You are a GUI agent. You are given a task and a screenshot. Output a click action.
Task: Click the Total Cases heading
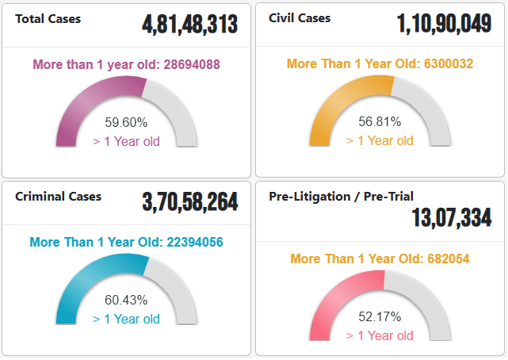tap(48, 18)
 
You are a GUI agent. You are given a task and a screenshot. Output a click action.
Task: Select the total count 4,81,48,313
tap(190, 25)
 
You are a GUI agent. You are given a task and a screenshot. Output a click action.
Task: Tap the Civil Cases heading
tap(300, 18)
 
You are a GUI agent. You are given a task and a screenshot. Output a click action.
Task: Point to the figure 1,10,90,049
tap(444, 25)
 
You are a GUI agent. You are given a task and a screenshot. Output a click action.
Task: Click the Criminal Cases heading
tap(58, 196)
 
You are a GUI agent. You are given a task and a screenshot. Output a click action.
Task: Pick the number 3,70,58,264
tap(190, 202)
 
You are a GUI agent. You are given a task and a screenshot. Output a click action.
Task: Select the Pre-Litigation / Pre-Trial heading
tap(341, 196)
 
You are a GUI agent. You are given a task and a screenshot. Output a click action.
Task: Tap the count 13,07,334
tap(451, 218)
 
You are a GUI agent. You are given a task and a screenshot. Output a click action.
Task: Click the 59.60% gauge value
tap(126, 123)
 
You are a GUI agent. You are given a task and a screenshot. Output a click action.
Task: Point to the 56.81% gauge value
tap(380, 122)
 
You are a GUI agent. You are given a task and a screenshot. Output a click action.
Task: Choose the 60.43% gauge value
tap(126, 301)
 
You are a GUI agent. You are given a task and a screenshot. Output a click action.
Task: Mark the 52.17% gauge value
tap(380, 316)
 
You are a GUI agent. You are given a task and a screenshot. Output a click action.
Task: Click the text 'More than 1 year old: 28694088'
tap(126, 65)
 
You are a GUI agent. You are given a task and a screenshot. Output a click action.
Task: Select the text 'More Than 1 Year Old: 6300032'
tap(380, 64)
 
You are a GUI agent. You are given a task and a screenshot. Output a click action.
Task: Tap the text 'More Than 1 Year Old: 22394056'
tap(126, 243)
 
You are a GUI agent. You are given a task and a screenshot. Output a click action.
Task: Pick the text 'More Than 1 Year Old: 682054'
tap(380, 259)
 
